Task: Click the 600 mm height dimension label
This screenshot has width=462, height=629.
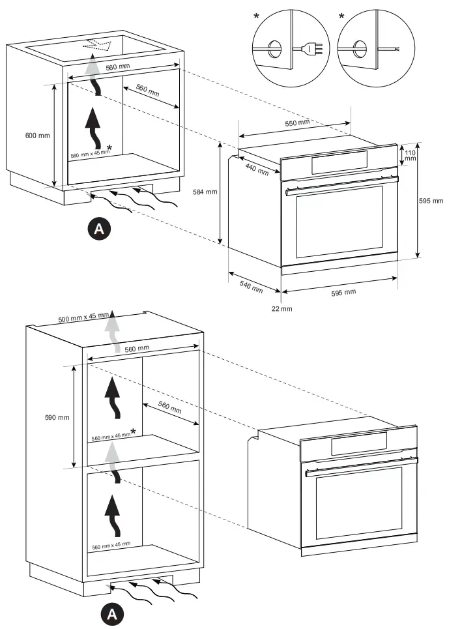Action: (x=37, y=136)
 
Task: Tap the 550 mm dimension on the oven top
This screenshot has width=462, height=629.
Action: (x=298, y=123)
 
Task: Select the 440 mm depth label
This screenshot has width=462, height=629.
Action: (x=257, y=169)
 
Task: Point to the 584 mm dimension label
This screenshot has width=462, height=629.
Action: (x=204, y=192)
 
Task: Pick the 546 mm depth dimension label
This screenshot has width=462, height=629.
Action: (x=251, y=285)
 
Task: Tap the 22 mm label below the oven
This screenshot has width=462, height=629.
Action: (x=282, y=308)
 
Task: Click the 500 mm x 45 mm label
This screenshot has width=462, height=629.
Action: (x=83, y=317)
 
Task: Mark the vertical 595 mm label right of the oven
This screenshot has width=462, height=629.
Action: (x=431, y=201)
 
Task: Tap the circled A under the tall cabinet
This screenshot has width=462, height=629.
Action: (x=112, y=613)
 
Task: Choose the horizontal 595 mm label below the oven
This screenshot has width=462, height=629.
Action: (x=343, y=292)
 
